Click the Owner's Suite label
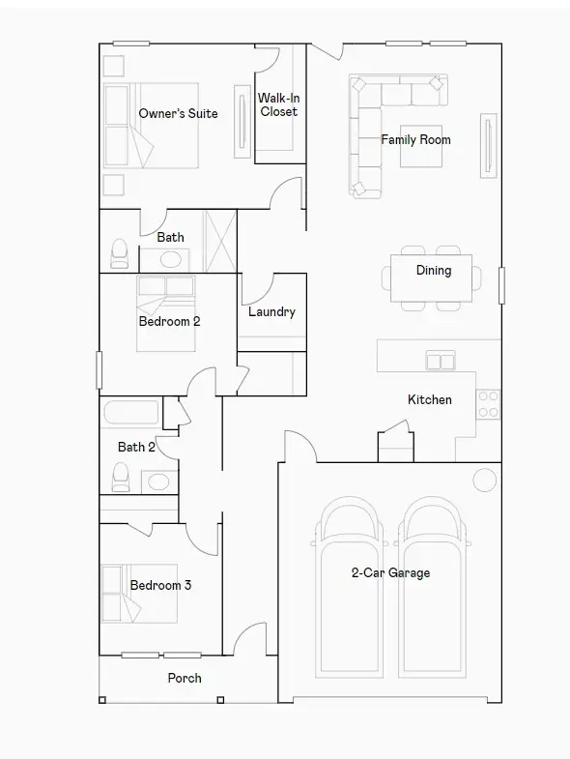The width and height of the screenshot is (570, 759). click(x=178, y=114)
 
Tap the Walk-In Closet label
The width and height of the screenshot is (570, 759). click(x=278, y=104)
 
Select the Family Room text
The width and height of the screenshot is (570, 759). click(x=415, y=140)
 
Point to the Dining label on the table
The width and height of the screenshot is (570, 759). click(x=434, y=271)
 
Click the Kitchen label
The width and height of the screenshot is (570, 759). click(x=429, y=399)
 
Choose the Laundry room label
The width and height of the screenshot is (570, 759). click(x=271, y=312)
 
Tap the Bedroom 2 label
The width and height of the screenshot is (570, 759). click(x=169, y=321)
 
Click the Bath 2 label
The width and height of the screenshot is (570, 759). click(x=136, y=447)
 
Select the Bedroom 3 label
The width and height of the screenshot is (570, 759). click(x=160, y=585)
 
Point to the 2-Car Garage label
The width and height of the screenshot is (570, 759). click(x=390, y=572)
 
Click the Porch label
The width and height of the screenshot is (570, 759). click(x=185, y=678)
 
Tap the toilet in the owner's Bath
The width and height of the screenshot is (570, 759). click(x=120, y=253)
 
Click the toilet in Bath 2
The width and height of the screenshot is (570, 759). click(x=121, y=477)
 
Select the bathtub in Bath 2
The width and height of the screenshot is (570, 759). click(x=130, y=412)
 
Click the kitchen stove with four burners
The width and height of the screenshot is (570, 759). click(x=489, y=403)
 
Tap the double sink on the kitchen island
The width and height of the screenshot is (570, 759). click(x=441, y=362)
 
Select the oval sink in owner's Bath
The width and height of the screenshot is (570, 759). click(x=173, y=259)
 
